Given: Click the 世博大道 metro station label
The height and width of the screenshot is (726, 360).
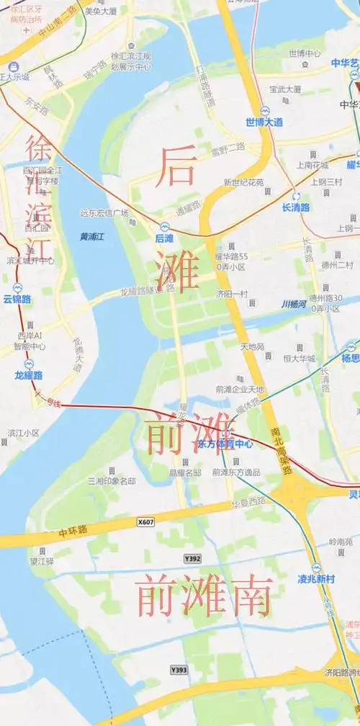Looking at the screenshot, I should (264, 122).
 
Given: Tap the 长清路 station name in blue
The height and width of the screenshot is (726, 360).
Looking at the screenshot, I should (295, 207).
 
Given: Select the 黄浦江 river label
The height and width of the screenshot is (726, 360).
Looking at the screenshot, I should (92, 236).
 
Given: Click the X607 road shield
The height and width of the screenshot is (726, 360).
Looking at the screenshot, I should (145, 521).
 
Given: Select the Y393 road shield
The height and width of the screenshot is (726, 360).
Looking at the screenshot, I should (179, 671).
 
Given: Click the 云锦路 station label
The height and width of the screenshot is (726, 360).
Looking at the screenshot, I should (17, 298).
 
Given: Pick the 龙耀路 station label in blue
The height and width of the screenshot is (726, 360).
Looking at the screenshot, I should (29, 375).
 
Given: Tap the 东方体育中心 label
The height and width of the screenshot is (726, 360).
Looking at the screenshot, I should (225, 444).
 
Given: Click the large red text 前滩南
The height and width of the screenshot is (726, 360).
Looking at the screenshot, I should (204, 596).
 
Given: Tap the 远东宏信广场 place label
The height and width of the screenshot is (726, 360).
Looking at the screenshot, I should (104, 213).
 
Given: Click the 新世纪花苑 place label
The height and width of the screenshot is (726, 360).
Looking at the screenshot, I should (244, 182).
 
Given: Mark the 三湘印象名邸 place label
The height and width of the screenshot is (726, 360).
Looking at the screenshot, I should (112, 480).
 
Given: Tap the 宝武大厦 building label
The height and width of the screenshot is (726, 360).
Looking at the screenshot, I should (284, 90).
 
